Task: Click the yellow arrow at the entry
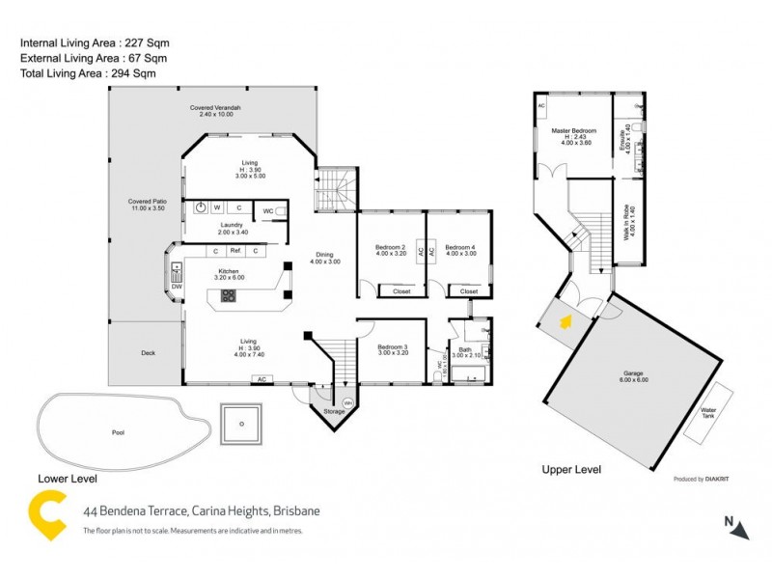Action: pyautogui.click(x=562, y=322)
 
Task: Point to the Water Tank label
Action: pyautogui.click(x=708, y=412)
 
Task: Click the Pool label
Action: pyautogui.click(x=118, y=431)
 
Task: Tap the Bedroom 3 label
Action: pyautogui.click(x=392, y=349)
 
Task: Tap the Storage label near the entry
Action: pyautogui.click(x=334, y=412)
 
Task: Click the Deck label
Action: pyautogui.click(x=148, y=353)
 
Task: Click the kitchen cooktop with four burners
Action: pyautogui.click(x=229, y=296)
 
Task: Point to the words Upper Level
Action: pyautogui.click(x=571, y=470)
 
